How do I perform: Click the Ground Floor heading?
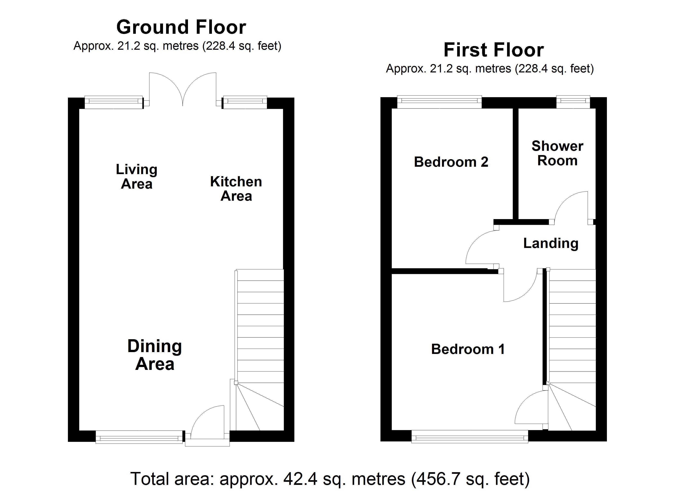(x=181, y=27)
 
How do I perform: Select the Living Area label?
(x=137, y=177)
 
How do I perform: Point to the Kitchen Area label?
(x=236, y=189)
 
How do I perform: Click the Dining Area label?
(x=155, y=355)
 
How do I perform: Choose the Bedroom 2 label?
(x=451, y=162)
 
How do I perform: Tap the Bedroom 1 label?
(x=468, y=349)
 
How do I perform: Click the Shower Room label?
(x=557, y=153)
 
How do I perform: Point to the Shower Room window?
(x=573, y=102)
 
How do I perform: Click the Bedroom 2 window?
(x=439, y=102)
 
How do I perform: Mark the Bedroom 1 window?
(x=470, y=437)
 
